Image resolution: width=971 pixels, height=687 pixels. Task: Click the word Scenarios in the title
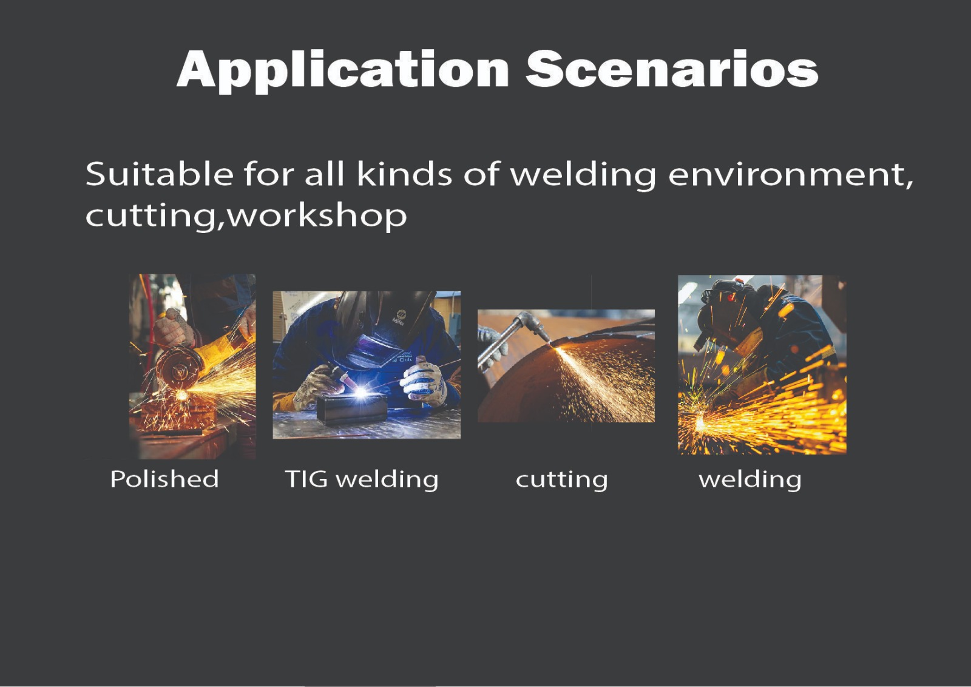coord(672,69)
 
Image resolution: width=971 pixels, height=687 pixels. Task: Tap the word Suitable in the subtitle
coord(159,174)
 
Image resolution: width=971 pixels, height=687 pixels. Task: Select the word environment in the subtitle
coord(791,175)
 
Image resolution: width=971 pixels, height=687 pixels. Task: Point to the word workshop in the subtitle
coord(317,215)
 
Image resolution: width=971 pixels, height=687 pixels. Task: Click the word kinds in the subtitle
coord(405,174)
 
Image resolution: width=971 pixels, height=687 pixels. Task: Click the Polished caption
coord(164,479)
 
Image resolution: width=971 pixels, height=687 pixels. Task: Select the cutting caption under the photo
coord(561,480)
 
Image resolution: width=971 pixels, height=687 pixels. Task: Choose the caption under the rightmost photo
coord(750,480)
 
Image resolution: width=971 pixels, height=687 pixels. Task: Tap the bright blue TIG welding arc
coord(360,393)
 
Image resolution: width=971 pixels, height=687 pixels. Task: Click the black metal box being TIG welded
coord(351,409)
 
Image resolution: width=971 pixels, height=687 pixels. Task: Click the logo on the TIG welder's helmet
coord(399,317)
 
